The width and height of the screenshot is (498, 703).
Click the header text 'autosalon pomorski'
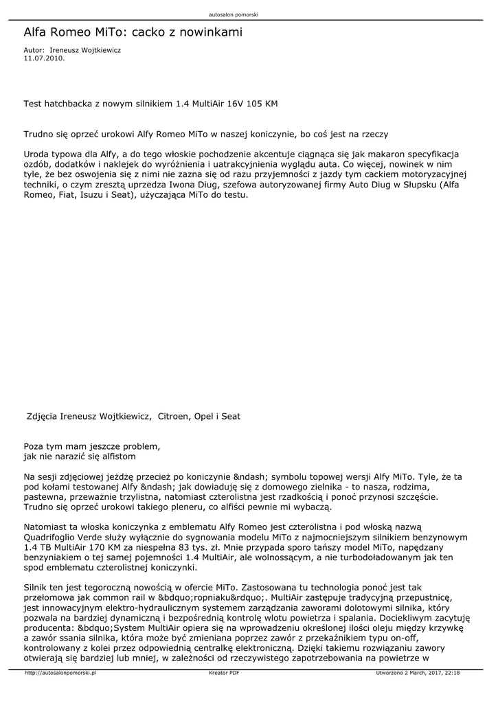[238, 14]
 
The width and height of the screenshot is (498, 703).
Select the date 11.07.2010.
[44, 58]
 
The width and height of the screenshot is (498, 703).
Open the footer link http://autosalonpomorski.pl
[60, 673]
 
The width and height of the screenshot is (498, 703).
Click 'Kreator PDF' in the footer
[224, 673]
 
